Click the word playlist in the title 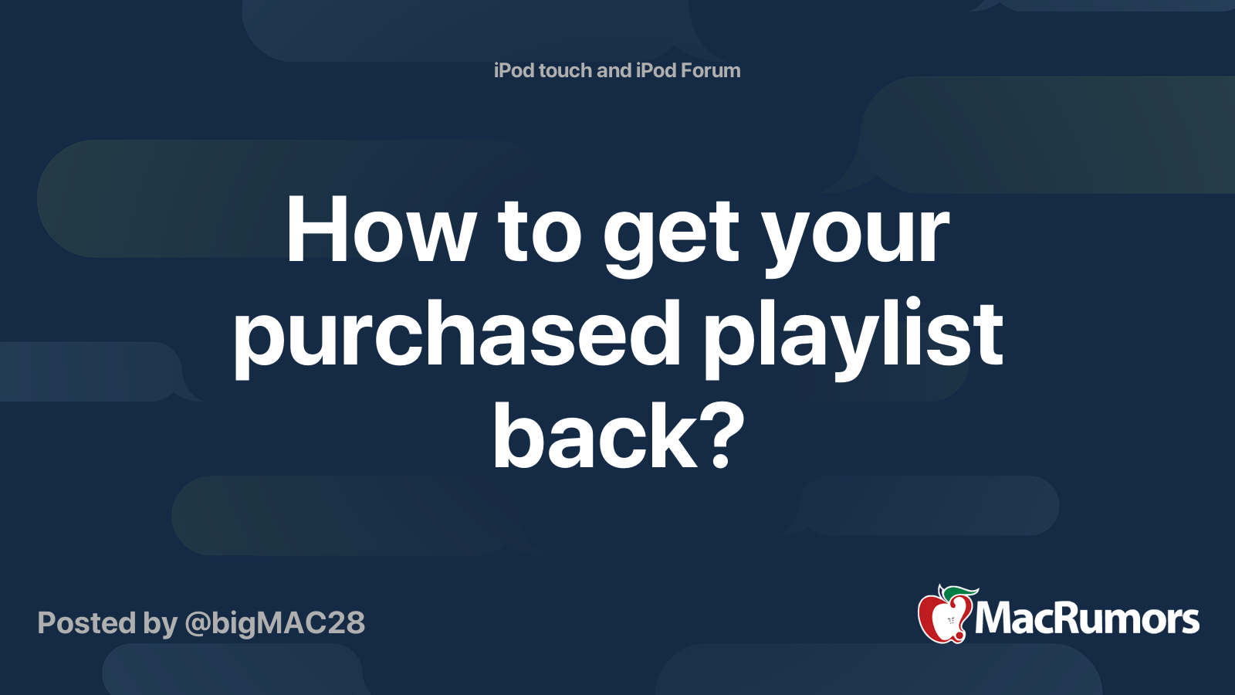point(853,336)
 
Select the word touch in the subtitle point(566,70)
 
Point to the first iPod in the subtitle point(514,70)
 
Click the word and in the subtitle point(614,70)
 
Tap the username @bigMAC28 point(275,623)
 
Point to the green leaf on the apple point(959,592)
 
